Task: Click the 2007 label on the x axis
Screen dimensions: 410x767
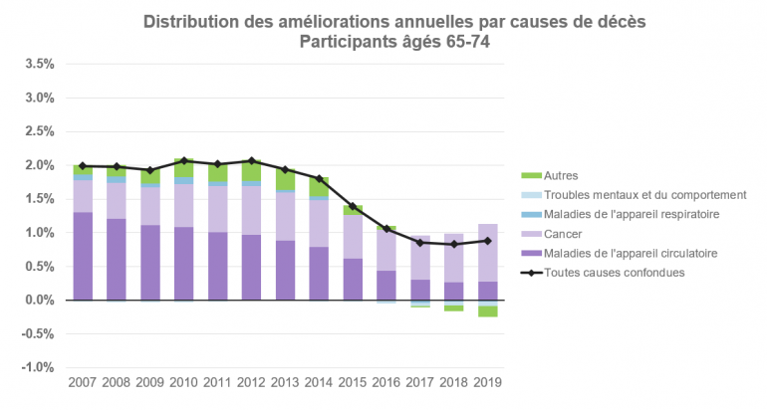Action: [83, 382]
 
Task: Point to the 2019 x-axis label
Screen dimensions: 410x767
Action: [488, 382]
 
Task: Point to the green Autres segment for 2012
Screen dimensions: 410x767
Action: [252, 170]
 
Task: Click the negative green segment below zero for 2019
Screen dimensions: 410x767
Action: [488, 311]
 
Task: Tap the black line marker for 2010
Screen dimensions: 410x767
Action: [184, 160]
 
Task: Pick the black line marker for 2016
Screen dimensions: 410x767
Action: [386, 229]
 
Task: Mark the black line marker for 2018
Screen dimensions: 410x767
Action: [454, 244]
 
